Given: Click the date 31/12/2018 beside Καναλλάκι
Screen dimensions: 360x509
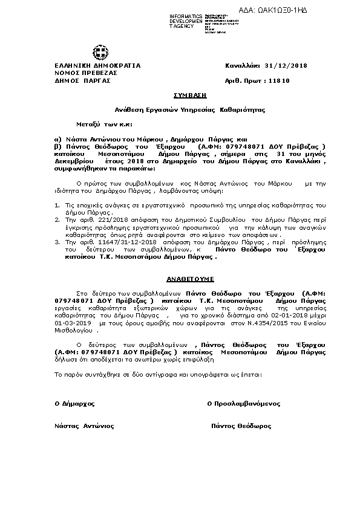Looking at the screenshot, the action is pyautogui.click(x=286, y=65).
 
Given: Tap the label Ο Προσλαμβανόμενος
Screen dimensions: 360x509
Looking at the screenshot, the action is pyautogui.click(x=243, y=403).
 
